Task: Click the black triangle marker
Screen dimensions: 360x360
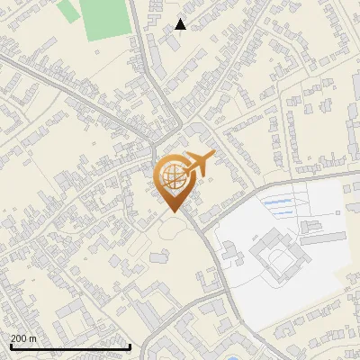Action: (181, 24)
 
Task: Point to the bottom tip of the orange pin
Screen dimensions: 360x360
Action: (173, 211)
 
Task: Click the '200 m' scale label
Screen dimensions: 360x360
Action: (23, 338)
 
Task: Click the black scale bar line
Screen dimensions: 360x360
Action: (70, 346)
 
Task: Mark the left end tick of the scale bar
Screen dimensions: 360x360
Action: (10, 346)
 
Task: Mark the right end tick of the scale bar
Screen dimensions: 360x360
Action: (130, 346)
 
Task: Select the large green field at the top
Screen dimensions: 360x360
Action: (104, 18)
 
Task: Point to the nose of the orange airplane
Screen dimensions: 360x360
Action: (212, 156)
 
